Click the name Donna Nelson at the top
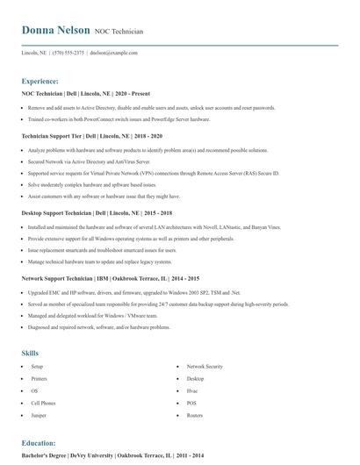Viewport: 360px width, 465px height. coord(55,30)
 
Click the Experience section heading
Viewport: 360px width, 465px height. coord(47,80)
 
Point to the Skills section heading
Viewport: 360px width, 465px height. coord(30,353)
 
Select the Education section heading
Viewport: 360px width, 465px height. coord(39,443)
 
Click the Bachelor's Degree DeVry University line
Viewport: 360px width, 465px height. coord(112,455)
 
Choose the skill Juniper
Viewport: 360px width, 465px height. coord(38,415)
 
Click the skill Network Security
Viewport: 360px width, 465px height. coord(205,366)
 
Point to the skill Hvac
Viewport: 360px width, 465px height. coord(192,390)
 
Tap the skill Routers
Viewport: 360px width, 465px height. coord(194,415)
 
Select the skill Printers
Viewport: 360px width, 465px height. coord(40,378)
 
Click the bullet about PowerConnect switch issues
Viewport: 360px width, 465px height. coord(119,118)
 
